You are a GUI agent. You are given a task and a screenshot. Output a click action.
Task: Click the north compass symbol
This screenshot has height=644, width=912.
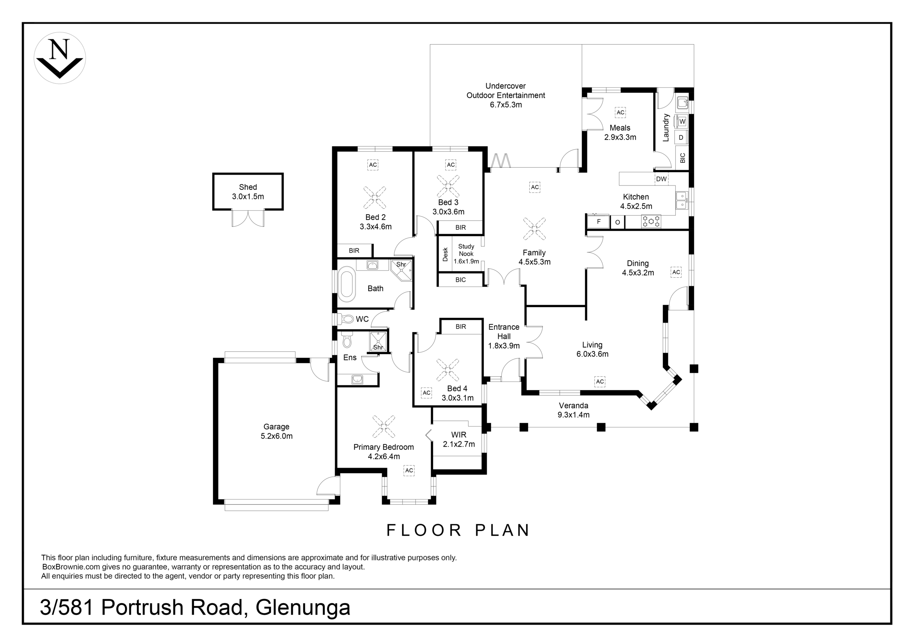pos(59,58)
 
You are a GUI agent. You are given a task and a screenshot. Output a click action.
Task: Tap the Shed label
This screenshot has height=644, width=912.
pos(248,187)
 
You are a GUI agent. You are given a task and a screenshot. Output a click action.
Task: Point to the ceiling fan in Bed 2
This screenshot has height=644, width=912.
pos(374,197)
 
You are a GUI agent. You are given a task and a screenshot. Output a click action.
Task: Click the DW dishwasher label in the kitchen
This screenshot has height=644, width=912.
pos(661,179)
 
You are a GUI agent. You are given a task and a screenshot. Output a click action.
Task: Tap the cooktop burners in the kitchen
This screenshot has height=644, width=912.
pos(651,221)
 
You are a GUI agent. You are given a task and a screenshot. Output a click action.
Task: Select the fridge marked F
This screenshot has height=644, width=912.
pos(598,221)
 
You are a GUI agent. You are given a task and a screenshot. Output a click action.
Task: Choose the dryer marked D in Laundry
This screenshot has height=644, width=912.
pos(681,138)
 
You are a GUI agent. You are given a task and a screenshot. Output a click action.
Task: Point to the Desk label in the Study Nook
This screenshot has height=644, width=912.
pos(445,255)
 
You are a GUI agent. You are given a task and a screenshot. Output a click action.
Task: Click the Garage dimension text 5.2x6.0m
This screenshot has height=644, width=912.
pos(276,436)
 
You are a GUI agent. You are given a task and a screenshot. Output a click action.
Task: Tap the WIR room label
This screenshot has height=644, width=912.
pos(459,435)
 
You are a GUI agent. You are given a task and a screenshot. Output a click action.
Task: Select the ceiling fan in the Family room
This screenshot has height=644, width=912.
pos(534,229)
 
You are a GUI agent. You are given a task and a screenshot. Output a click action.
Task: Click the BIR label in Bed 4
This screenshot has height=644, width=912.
pos(461,327)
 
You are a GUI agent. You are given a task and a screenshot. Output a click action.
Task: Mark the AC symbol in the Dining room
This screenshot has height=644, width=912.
pos(676,272)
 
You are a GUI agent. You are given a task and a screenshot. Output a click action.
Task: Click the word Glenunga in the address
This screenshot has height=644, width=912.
pos(303,607)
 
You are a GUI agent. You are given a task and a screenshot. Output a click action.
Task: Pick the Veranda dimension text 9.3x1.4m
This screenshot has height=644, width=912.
pos(573,415)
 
